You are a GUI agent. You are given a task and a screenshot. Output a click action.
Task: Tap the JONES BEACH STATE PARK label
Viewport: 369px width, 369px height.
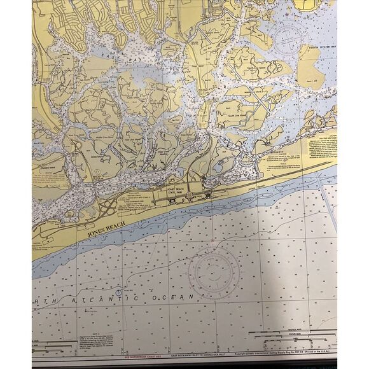tap(175, 191)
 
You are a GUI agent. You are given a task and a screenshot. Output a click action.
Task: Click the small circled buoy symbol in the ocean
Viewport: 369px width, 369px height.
tap(118, 292)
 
